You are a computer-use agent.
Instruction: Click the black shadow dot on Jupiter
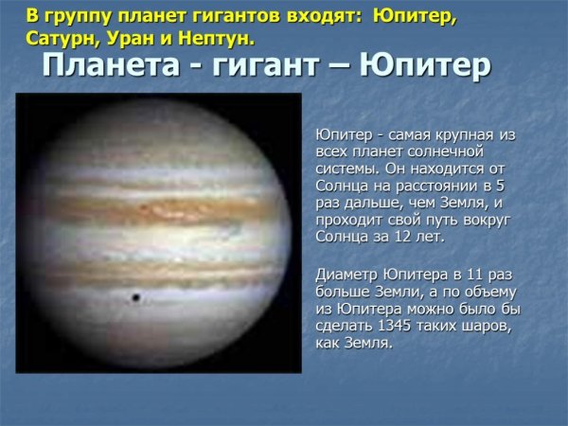(135, 298)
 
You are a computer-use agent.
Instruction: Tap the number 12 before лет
(398, 236)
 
